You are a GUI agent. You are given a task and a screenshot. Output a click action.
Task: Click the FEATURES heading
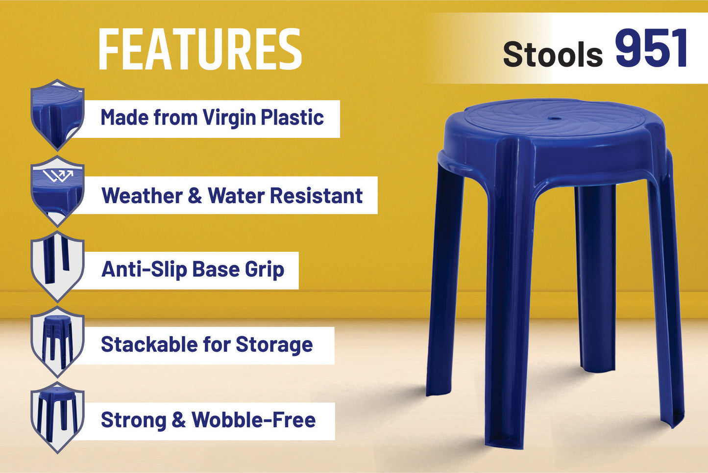click(200, 49)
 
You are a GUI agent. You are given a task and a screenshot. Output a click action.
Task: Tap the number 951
click(652, 48)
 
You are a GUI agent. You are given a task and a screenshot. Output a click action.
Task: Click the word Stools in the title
click(553, 54)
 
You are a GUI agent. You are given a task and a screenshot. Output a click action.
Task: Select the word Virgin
click(229, 118)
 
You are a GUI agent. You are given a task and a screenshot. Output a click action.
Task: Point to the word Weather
click(142, 195)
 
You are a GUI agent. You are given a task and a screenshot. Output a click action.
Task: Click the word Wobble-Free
click(253, 420)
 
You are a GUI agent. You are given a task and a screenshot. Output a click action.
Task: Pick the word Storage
click(274, 345)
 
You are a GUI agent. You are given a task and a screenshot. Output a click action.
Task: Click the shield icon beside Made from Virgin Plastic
click(57, 115)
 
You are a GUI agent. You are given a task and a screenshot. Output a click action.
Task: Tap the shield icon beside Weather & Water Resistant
click(57, 191)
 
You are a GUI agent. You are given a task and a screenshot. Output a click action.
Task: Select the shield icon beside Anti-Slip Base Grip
click(57, 266)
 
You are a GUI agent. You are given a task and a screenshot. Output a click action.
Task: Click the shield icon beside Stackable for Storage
click(57, 342)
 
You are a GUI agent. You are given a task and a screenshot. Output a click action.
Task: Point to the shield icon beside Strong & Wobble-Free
click(57, 418)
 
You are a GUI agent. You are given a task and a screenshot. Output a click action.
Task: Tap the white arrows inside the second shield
click(58, 175)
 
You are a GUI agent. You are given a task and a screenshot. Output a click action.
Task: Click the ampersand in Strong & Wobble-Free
click(179, 420)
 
